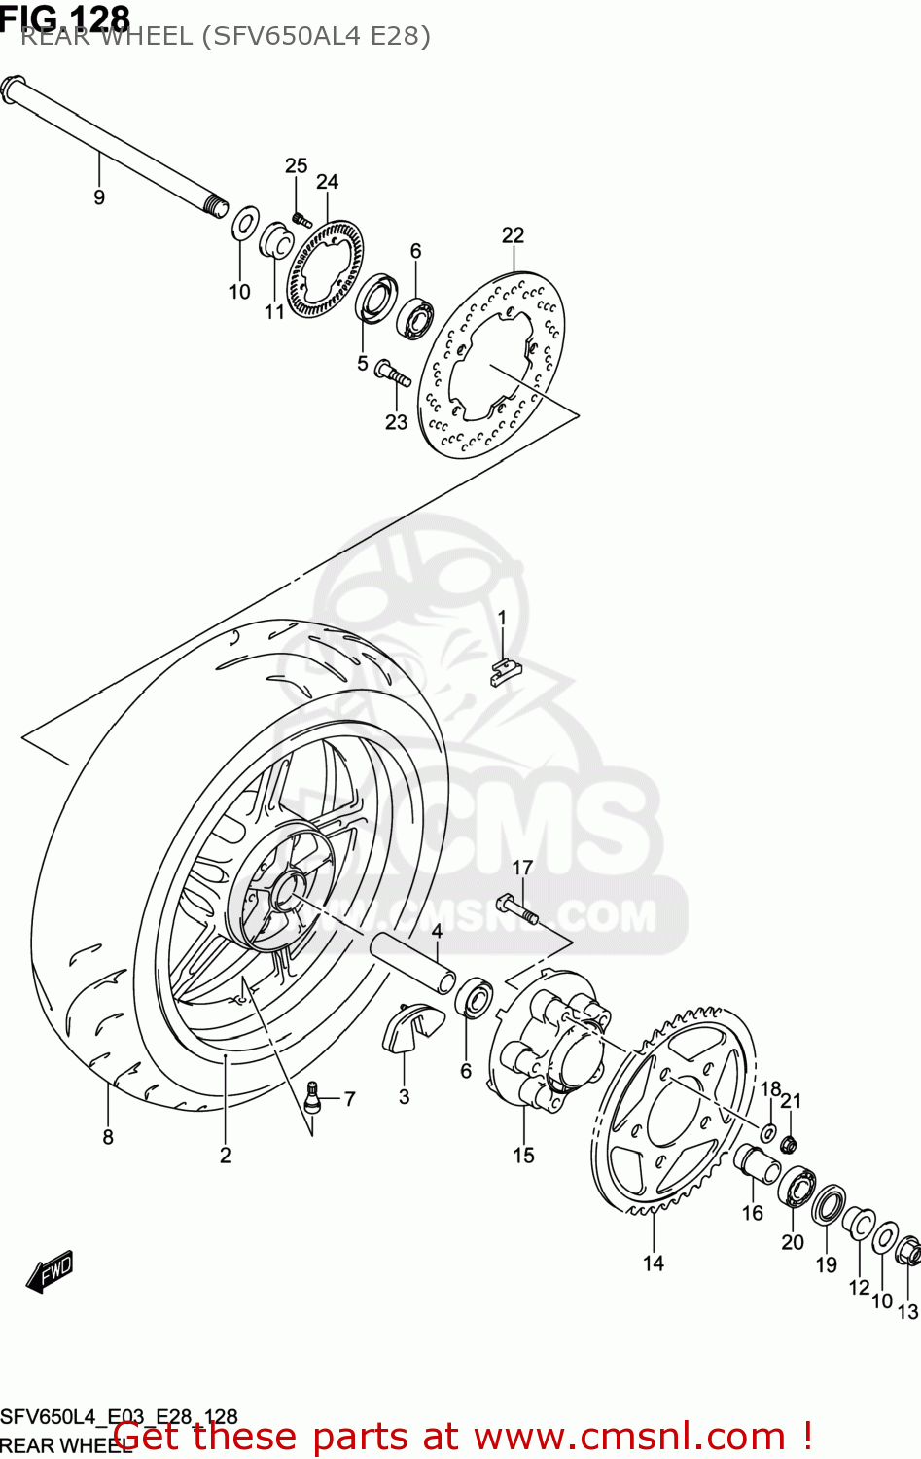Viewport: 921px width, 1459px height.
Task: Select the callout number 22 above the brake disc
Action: (513, 235)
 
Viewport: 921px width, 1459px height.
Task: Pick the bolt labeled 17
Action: (516, 908)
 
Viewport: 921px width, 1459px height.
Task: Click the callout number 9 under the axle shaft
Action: (99, 197)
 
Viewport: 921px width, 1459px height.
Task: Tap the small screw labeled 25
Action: (301, 219)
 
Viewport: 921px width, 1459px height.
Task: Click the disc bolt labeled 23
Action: (392, 373)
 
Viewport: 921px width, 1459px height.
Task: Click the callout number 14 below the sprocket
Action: (654, 1263)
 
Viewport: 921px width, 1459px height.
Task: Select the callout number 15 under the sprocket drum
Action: (524, 1156)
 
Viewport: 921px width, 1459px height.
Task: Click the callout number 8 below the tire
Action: (108, 1137)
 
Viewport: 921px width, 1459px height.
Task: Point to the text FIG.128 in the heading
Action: (65, 17)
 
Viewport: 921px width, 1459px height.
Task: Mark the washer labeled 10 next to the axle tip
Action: (245, 223)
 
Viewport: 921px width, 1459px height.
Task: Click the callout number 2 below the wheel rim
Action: (226, 1156)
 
